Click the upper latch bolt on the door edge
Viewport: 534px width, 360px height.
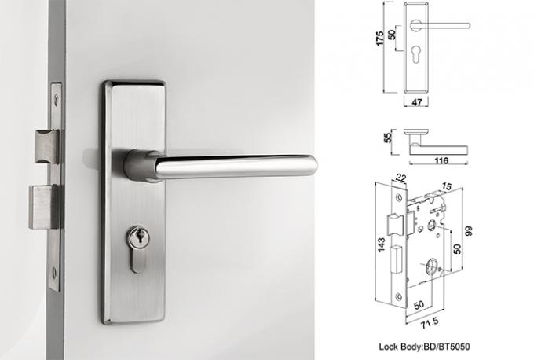pyautogui.click(x=46, y=146)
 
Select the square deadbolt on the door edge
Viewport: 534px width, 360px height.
pyautogui.click(x=44, y=207)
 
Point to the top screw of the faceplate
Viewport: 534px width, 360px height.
pyautogui.click(x=57, y=99)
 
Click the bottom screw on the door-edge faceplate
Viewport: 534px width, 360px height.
pyautogui.click(x=54, y=273)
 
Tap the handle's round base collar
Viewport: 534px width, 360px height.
pyautogui.click(x=141, y=166)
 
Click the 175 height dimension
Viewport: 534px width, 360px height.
pyautogui.click(x=379, y=39)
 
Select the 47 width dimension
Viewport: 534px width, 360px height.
pyautogui.click(x=417, y=102)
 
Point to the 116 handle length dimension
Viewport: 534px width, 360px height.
pyautogui.click(x=441, y=160)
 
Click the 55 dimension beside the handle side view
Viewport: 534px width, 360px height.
pyautogui.click(x=388, y=138)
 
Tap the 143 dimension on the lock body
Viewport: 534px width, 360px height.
pyautogui.click(x=381, y=244)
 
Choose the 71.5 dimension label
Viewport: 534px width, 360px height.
pyautogui.click(x=430, y=323)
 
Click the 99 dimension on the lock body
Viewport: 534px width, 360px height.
pyautogui.click(x=469, y=231)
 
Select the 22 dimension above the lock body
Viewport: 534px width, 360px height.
pyautogui.click(x=401, y=178)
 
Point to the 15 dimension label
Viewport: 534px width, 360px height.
pyautogui.click(x=447, y=186)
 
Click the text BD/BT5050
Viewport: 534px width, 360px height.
pyautogui.click(x=447, y=347)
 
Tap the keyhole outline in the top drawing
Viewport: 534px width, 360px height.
pyautogui.click(x=415, y=54)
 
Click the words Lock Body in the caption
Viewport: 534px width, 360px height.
pyautogui.click(x=400, y=347)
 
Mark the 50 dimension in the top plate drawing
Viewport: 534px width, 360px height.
pyautogui.click(x=392, y=34)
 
